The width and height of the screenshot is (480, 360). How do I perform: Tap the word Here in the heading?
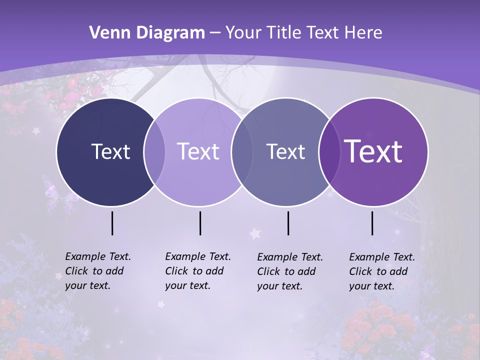(x=364, y=33)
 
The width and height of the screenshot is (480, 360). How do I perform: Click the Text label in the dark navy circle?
(x=110, y=151)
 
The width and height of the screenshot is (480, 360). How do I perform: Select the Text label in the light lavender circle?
(x=198, y=151)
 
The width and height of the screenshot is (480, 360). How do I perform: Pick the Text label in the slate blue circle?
(x=285, y=151)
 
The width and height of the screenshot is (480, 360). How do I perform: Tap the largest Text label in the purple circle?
(x=373, y=151)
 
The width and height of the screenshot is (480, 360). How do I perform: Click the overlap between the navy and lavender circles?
(x=154, y=152)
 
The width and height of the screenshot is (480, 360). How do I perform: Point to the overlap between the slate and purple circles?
(x=328, y=152)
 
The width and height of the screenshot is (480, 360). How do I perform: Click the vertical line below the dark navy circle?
(x=112, y=223)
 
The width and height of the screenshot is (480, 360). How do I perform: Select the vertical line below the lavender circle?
(x=200, y=223)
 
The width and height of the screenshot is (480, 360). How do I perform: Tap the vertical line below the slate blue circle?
(x=288, y=223)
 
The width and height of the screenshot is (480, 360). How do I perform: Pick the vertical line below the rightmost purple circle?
(x=372, y=223)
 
